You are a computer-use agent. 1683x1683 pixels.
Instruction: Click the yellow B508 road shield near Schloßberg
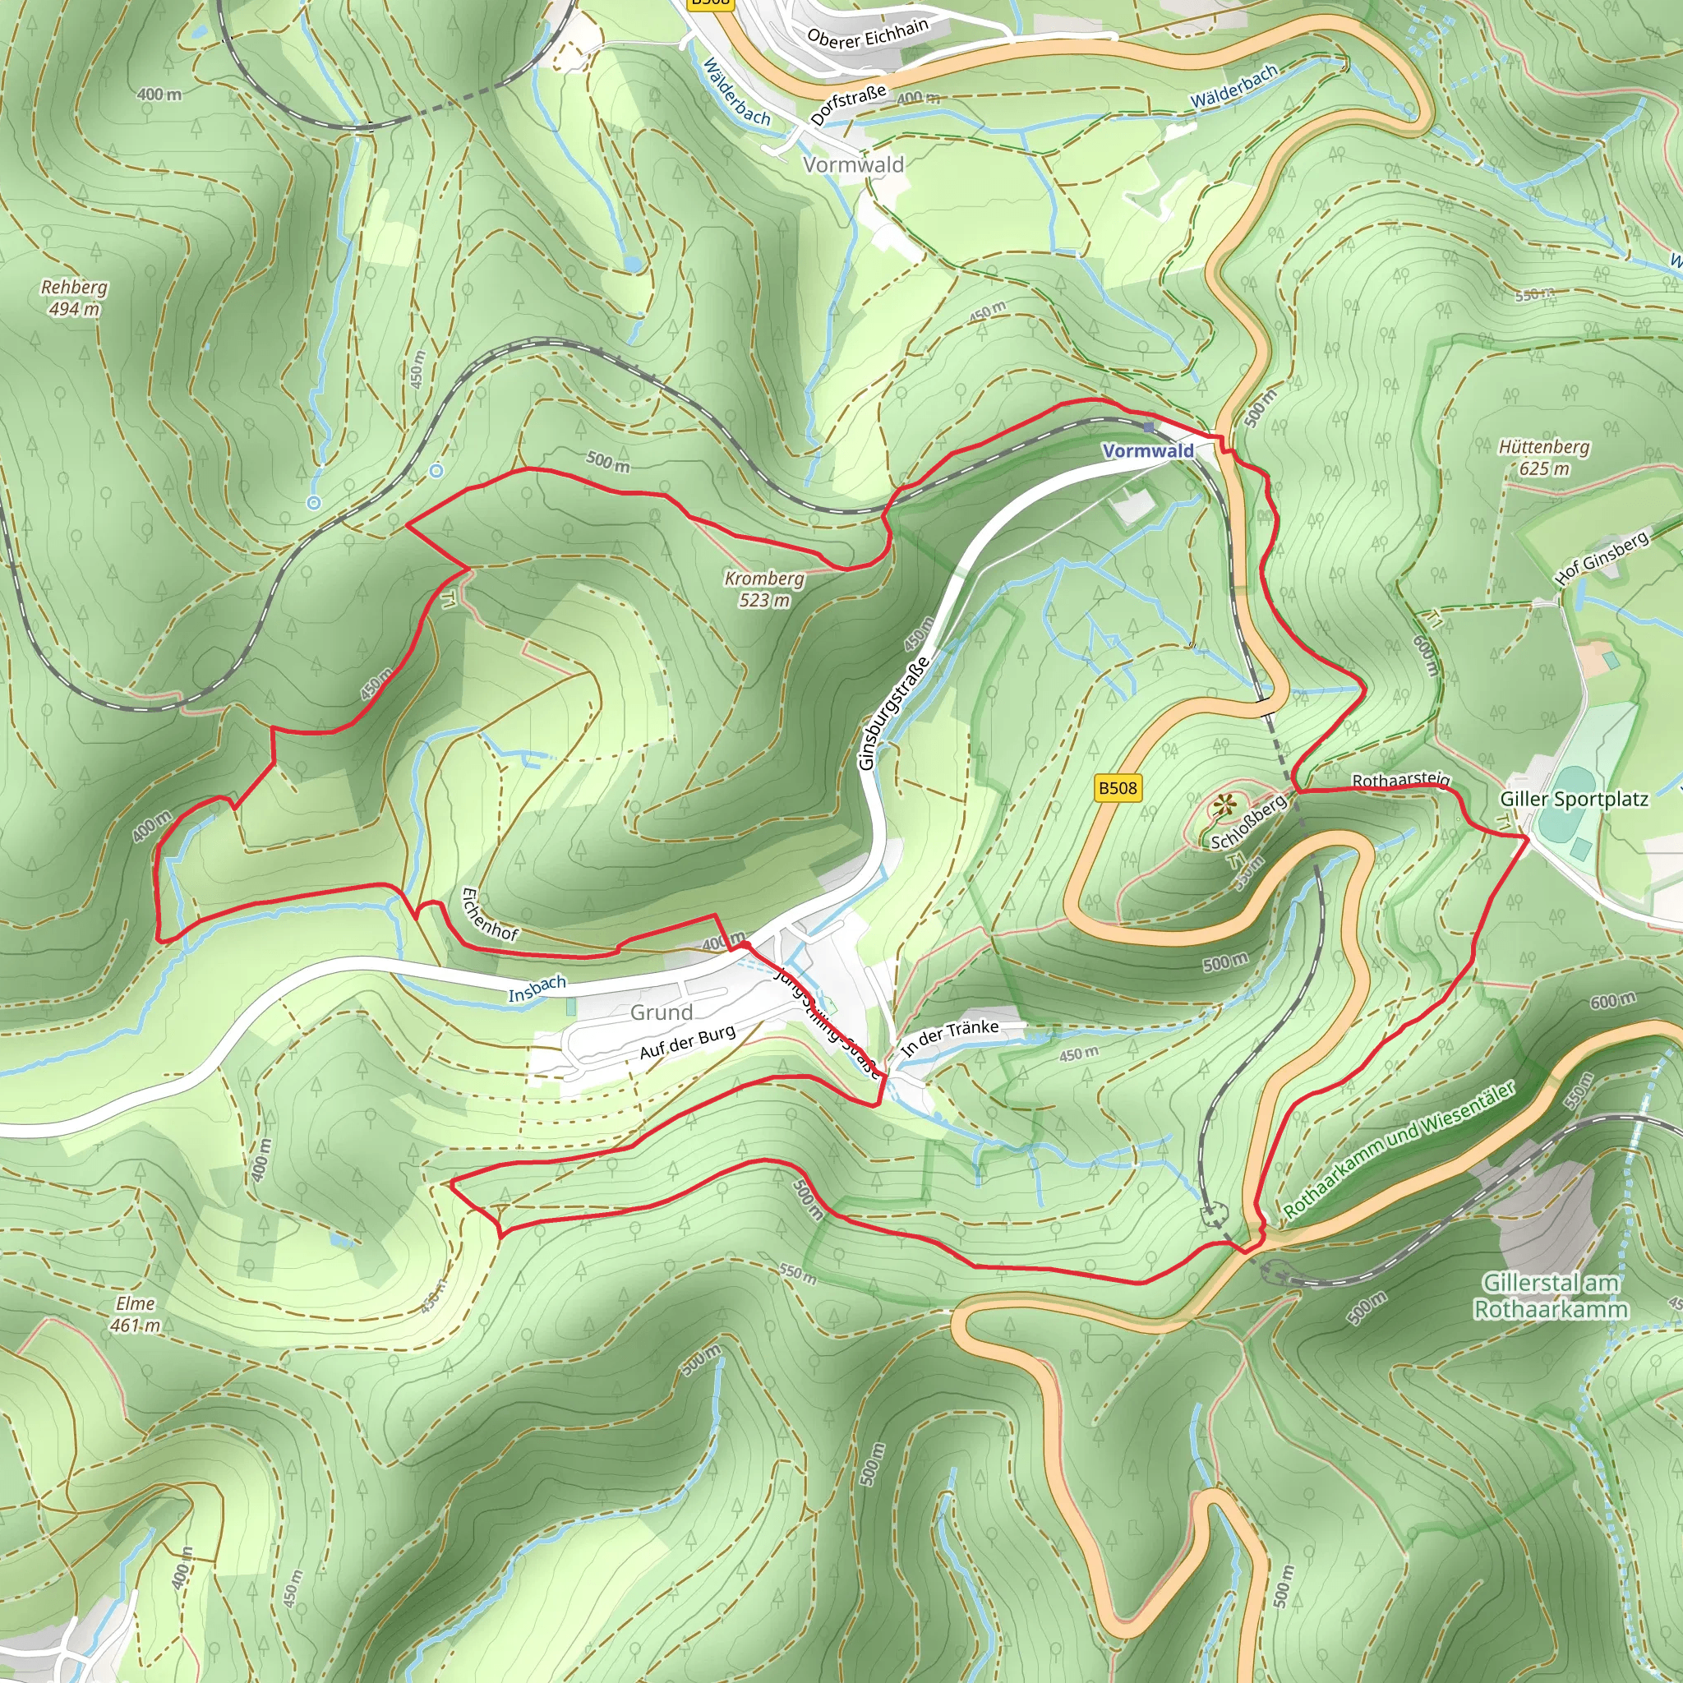pyautogui.click(x=1117, y=788)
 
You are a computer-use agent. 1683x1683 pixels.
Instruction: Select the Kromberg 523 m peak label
pyautogui.click(x=764, y=589)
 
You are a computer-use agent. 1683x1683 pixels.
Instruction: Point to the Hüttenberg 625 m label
pyautogui.click(x=1543, y=458)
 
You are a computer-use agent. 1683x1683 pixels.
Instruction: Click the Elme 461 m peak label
pyautogui.click(x=135, y=1315)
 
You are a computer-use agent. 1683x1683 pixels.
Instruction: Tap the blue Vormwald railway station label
pyautogui.click(x=1147, y=450)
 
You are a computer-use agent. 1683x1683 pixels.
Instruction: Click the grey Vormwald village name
pyautogui.click(x=853, y=164)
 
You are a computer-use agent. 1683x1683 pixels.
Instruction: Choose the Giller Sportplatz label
pyautogui.click(x=1573, y=800)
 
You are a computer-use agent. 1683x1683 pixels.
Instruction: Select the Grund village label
pyautogui.click(x=662, y=1012)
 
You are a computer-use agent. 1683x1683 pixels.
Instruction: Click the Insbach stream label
pyautogui.click(x=537, y=989)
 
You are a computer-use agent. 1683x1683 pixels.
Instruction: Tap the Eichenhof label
pyautogui.click(x=489, y=915)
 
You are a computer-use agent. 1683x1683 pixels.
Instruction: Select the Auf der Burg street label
pyautogui.click(x=687, y=1043)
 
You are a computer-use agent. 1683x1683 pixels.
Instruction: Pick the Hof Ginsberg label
pyautogui.click(x=1602, y=557)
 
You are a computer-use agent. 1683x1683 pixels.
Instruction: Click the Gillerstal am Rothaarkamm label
pyautogui.click(x=1551, y=1295)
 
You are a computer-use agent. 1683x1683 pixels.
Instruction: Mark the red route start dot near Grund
pyautogui.click(x=745, y=944)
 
